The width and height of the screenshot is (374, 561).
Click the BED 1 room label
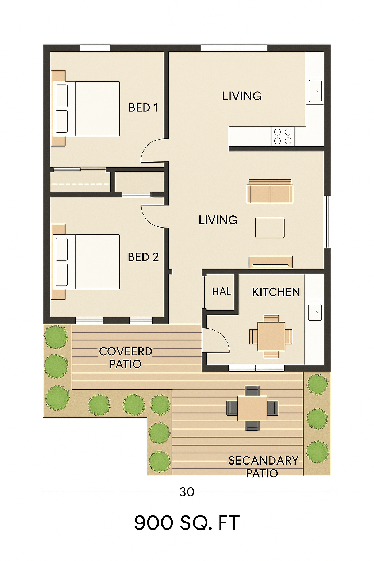(x=143, y=108)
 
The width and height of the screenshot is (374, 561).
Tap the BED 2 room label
(x=143, y=257)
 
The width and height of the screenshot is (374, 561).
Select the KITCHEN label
(x=276, y=292)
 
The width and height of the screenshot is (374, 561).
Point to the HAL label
(x=221, y=291)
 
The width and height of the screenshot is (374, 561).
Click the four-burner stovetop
(x=283, y=137)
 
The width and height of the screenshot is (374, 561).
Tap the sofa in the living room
(x=270, y=191)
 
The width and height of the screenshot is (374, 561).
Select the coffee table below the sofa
(x=270, y=228)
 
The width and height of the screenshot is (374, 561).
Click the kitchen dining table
(x=271, y=336)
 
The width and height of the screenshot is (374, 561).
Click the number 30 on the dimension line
(x=187, y=492)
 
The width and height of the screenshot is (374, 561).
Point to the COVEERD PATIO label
(x=126, y=358)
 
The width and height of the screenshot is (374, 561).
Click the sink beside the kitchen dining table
(x=315, y=312)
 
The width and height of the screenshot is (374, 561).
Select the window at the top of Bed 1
(x=95, y=48)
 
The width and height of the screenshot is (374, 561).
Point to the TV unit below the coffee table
(x=271, y=262)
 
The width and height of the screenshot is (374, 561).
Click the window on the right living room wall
(x=327, y=222)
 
